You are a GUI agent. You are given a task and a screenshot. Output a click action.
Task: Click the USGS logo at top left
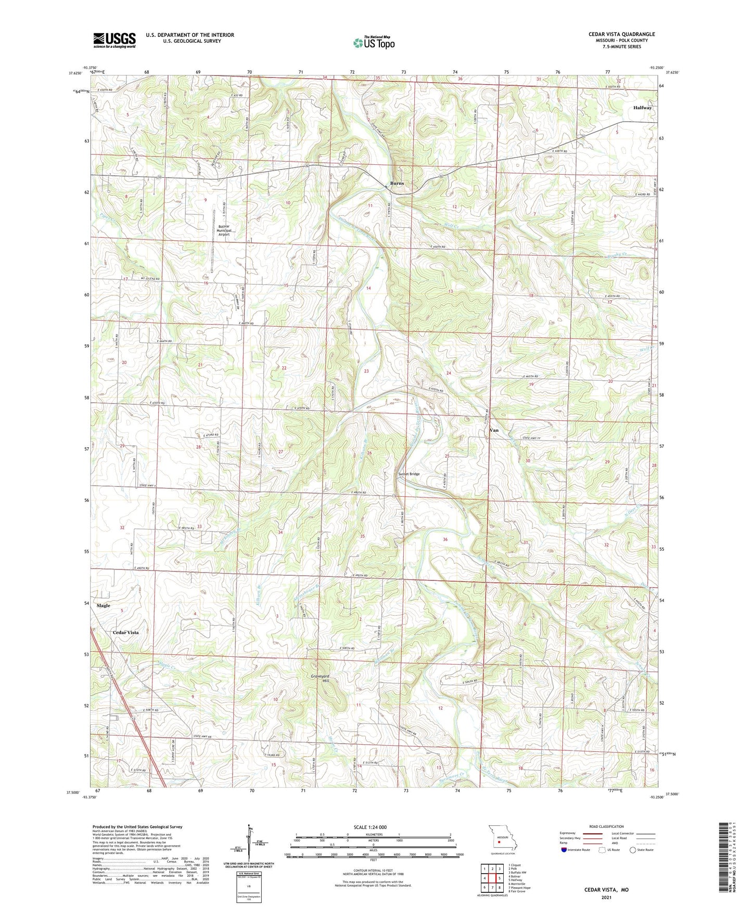tap(114, 40)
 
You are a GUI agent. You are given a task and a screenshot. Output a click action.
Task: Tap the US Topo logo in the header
tap(374, 43)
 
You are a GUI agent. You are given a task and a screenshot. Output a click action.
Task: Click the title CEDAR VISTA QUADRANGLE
tap(621, 34)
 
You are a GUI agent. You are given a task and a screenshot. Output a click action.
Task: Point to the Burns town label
tap(397, 183)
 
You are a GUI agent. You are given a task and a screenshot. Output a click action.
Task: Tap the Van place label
tap(494, 430)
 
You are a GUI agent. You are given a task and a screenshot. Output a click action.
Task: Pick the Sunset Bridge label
tap(409, 474)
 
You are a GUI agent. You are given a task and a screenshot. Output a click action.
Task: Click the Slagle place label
tap(103, 605)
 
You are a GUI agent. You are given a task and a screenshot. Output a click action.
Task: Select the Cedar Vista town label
tap(126, 632)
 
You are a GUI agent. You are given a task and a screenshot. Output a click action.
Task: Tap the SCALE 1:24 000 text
tap(370, 827)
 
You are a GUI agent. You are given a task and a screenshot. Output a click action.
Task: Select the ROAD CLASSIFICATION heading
tap(606, 826)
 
